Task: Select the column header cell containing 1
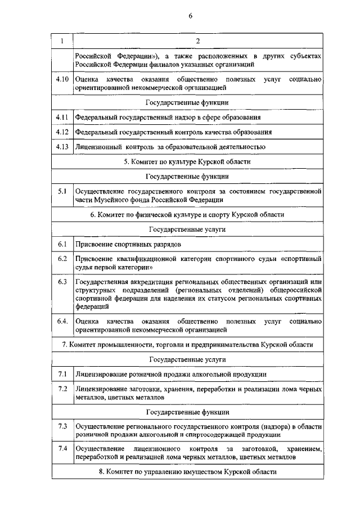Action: (62, 41)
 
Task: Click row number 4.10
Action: (62, 80)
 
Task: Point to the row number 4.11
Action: (62, 117)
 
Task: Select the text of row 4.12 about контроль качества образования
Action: (174, 132)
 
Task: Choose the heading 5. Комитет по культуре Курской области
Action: (187, 161)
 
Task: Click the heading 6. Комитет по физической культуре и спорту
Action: (187, 215)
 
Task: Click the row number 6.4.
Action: (62, 321)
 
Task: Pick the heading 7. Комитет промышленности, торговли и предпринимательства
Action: (187, 344)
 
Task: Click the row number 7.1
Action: (62, 374)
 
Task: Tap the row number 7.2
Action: (62, 389)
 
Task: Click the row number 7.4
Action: (62, 449)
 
